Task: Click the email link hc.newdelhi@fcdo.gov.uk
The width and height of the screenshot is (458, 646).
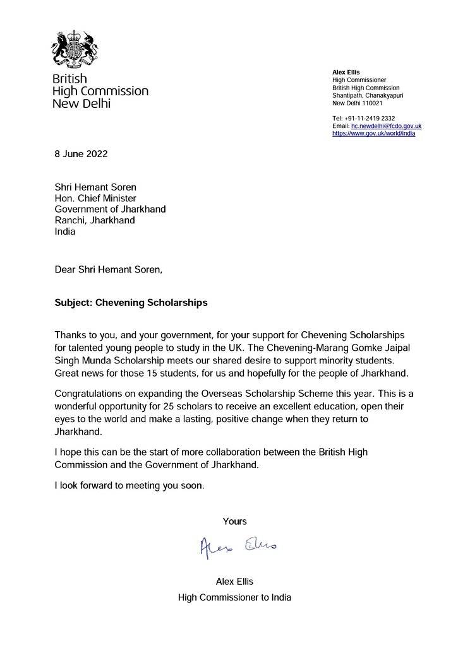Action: coord(386,126)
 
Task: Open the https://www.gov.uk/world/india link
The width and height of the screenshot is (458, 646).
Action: coord(373,134)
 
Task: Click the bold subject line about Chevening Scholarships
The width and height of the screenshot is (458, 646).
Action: coord(131,302)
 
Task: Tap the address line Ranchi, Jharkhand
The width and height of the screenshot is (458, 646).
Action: coord(94,220)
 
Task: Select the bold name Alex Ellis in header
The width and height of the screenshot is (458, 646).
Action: coord(346,73)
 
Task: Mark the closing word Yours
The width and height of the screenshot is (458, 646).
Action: coord(234,521)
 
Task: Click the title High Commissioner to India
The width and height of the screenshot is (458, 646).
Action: coord(234,597)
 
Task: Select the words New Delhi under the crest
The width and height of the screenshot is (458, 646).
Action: coord(81,103)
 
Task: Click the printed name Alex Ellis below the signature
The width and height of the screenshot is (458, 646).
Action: coord(234,581)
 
